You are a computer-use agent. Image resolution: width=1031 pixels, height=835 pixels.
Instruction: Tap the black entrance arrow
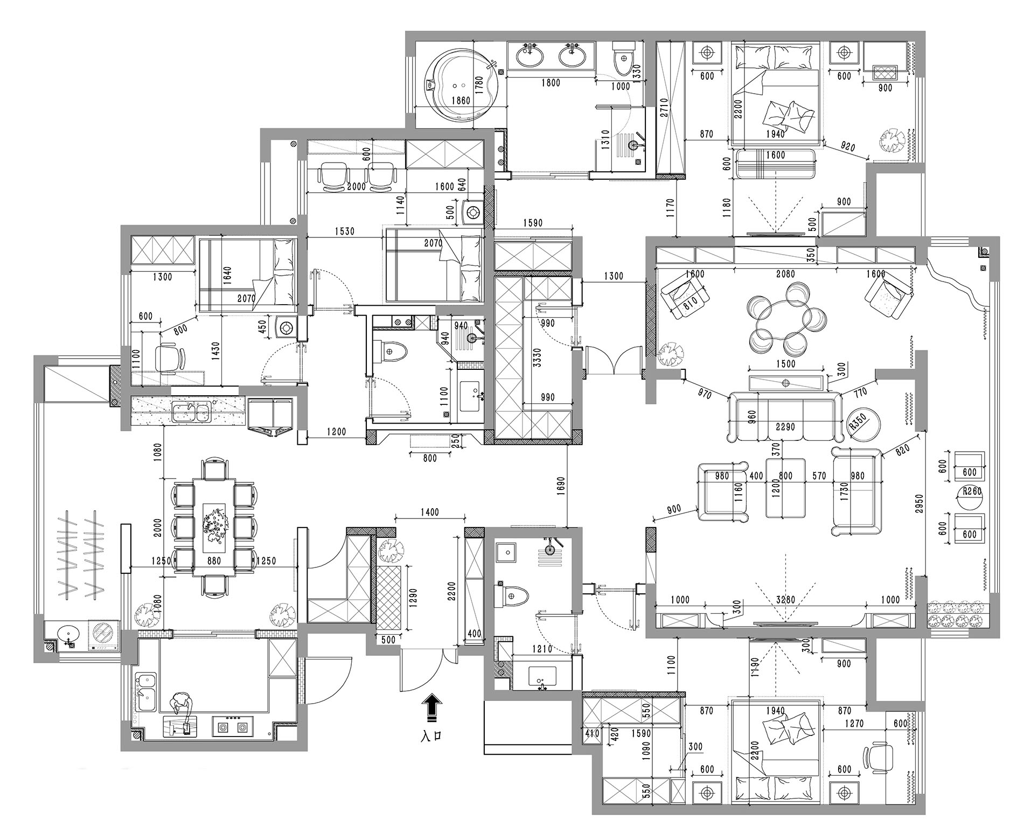[x=431, y=707]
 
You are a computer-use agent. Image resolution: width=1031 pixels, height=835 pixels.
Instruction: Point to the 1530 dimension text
[x=344, y=231]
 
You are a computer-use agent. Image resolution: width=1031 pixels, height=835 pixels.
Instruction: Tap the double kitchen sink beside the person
[x=145, y=692]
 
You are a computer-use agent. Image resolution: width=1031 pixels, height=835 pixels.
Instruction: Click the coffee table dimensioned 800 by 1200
[x=786, y=487]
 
